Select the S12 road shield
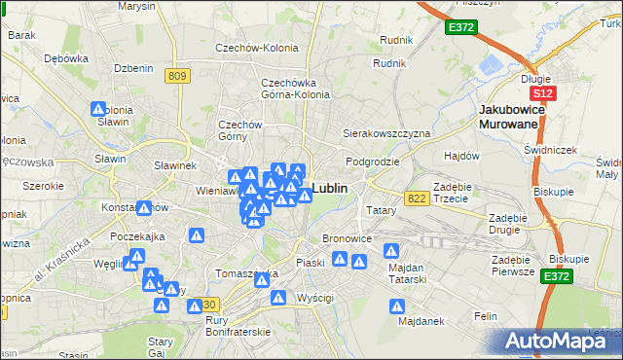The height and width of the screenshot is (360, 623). pos(542,92)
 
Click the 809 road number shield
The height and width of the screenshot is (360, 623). pos(177,76)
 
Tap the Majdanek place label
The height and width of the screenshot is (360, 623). pos(421,320)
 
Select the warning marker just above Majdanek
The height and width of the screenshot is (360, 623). pos(398,306)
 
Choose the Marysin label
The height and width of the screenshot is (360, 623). pos(136,6)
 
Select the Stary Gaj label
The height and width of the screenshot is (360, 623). pos(160,347)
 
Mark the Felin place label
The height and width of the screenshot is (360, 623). pos(485,316)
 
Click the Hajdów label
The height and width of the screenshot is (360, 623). pos(462,156)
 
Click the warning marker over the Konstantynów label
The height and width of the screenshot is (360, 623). pos(145,207)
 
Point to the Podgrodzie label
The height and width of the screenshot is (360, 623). pos(367,161)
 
